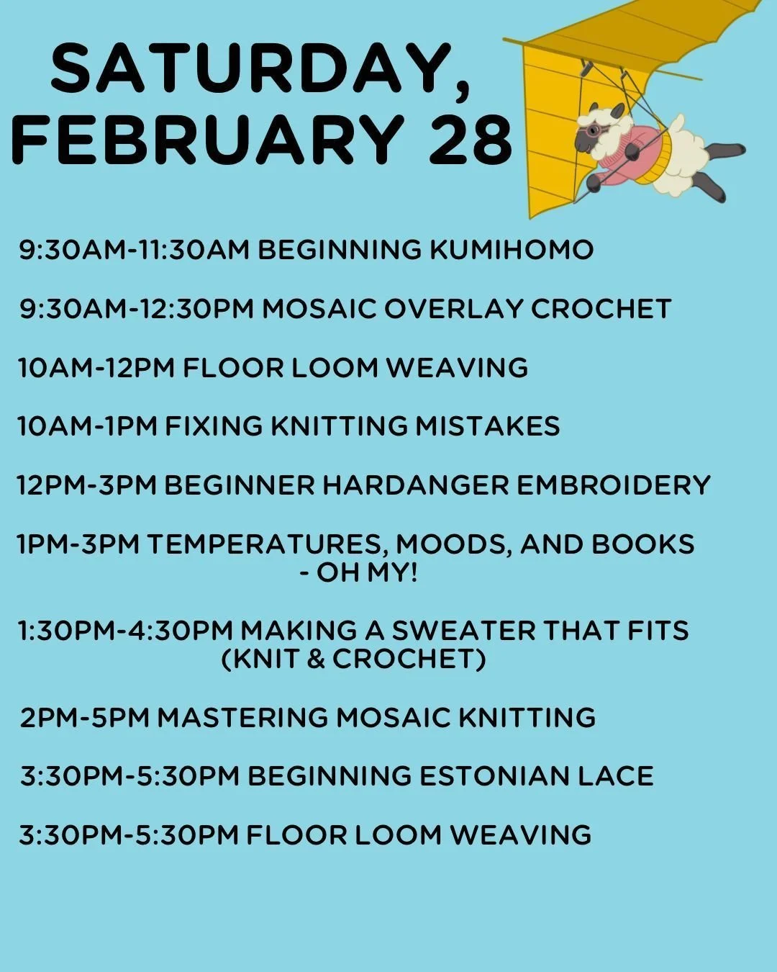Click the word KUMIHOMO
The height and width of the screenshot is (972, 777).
[512, 250]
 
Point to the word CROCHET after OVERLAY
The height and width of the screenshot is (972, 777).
[601, 309]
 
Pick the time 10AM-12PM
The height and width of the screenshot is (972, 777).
[97, 368]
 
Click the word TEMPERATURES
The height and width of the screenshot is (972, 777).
[267, 544]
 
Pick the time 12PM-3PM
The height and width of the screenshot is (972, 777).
[86, 485]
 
